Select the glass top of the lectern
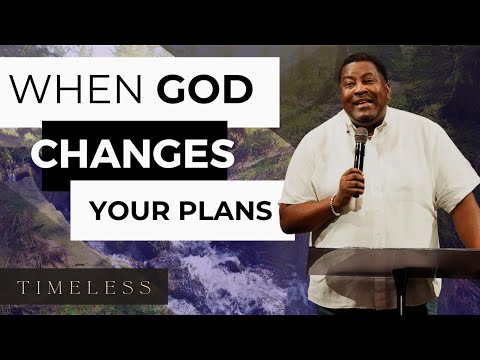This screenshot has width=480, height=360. pos(395,262)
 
